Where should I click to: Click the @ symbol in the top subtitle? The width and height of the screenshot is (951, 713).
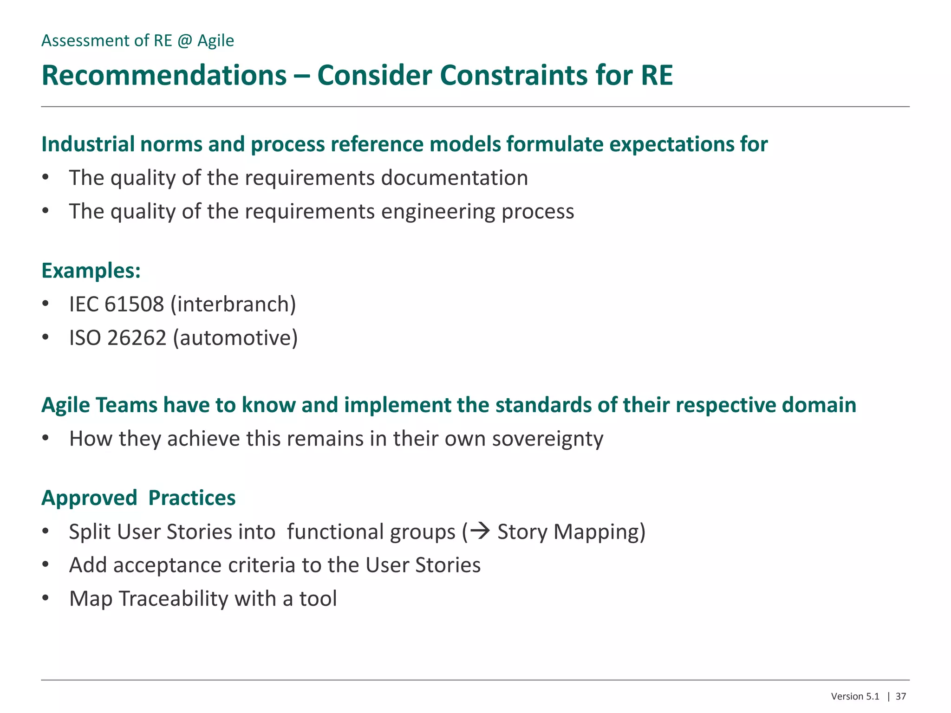184,41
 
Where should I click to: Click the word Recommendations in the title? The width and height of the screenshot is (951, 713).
164,75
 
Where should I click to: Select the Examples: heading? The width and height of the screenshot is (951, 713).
91,271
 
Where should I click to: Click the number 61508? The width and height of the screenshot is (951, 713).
134,305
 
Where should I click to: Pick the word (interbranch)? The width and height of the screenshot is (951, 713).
233,305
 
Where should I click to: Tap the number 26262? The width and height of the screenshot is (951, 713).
137,338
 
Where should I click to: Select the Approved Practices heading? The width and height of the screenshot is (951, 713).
138,498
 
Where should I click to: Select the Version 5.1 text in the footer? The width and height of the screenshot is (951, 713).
855,696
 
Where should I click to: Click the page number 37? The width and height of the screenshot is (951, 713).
901,696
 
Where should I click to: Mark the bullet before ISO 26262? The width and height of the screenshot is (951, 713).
45,337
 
